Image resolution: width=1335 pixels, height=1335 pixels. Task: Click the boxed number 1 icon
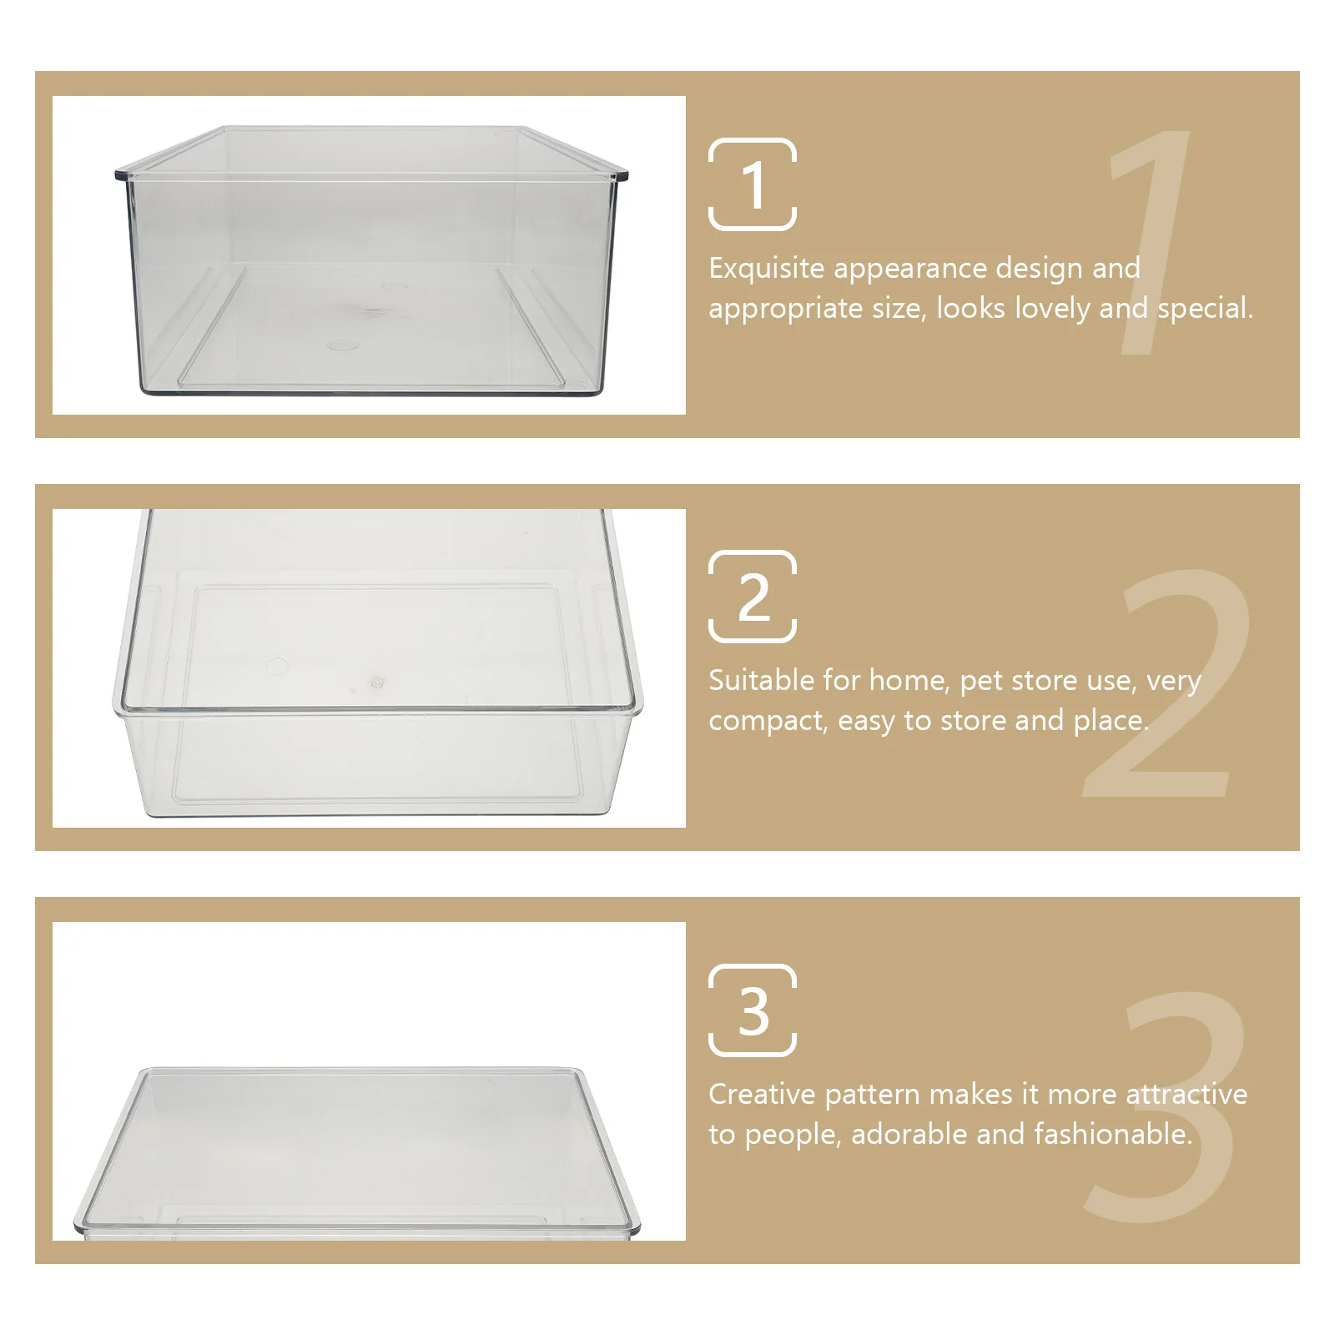pyautogui.click(x=753, y=184)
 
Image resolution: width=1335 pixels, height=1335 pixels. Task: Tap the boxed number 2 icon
pyautogui.click(x=753, y=597)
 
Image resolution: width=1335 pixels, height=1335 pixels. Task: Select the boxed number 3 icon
pyautogui.click(x=753, y=1010)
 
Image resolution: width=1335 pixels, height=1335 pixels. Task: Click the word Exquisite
pyautogui.click(x=766, y=269)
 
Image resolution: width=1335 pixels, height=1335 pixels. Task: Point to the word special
pyautogui.click(x=1204, y=309)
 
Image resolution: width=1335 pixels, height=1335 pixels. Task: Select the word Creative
pyautogui.click(x=761, y=1094)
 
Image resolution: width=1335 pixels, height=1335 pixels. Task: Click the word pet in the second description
pyautogui.click(x=980, y=682)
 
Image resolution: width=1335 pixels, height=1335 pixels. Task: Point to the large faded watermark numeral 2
pyautogui.click(x=1168, y=684)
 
